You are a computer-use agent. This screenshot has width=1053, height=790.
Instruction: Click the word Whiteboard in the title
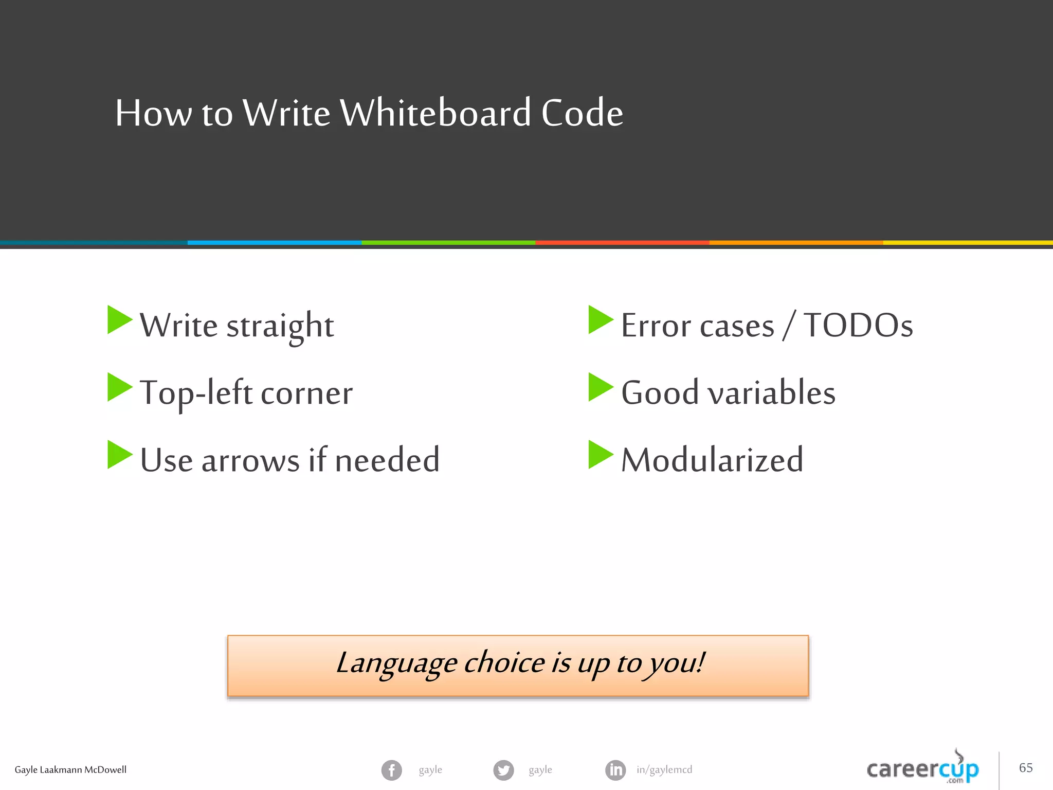[x=435, y=113]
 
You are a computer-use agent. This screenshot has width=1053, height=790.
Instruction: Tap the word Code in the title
[x=582, y=113]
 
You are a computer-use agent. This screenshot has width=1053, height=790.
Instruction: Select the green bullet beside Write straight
[x=119, y=320]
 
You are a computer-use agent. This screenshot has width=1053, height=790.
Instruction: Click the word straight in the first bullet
[x=280, y=326]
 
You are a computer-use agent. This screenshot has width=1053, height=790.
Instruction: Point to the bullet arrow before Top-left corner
[x=119, y=387]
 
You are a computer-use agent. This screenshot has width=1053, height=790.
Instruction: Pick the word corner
[x=306, y=393]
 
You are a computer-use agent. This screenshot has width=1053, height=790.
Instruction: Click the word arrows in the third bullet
[x=250, y=460]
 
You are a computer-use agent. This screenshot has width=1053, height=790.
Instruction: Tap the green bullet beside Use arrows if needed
[x=119, y=455]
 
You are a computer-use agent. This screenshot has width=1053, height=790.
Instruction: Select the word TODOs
[x=858, y=326]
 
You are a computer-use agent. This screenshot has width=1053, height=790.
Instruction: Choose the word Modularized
[x=712, y=460]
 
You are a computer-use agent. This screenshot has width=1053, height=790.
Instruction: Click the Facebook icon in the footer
[x=392, y=770]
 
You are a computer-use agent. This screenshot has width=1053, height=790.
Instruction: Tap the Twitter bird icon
[x=503, y=770]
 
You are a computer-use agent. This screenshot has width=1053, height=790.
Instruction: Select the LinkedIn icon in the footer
[x=615, y=770]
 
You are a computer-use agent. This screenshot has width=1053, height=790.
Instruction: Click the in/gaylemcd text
[x=664, y=770]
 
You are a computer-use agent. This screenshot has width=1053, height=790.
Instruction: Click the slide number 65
[x=1026, y=768]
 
